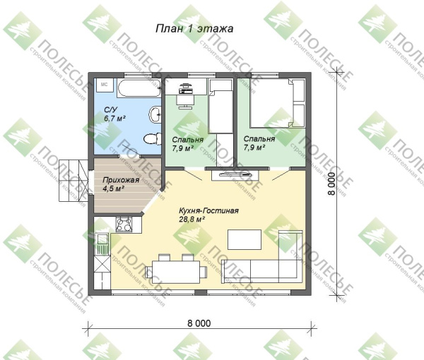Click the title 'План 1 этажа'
[x=194, y=28]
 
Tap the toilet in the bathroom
[x=151, y=139]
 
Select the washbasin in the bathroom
[x=155, y=114]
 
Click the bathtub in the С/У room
[x=139, y=88]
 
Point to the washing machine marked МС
[x=104, y=85]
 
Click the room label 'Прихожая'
[x=121, y=180]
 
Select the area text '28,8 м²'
[x=192, y=219]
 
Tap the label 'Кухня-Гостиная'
[x=208, y=210]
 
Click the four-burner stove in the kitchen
[x=124, y=224]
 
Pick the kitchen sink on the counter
[x=102, y=244]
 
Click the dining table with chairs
[x=176, y=269]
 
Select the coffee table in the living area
[x=245, y=239]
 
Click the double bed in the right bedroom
[x=278, y=102]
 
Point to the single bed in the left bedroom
[x=220, y=106]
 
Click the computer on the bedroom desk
[x=185, y=88]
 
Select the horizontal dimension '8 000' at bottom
[x=199, y=323]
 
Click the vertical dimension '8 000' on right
[x=331, y=184]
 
